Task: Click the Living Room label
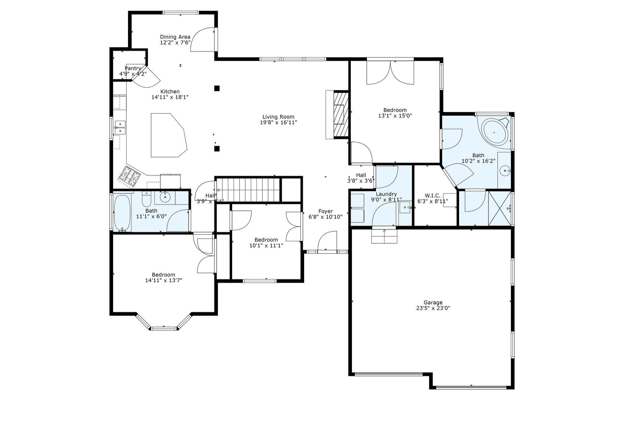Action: click(x=278, y=117)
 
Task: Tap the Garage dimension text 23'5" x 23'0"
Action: click(x=433, y=308)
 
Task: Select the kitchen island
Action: click(x=168, y=136)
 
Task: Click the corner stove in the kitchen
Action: click(x=129, y=176)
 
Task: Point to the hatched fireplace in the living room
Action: click(x=341, y=115)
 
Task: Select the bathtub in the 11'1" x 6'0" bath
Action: click(x=122, y=213)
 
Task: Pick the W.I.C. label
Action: click(x=432, y=196)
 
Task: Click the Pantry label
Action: click(x=133, y=68)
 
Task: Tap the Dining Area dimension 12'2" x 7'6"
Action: click(x=175, y=43)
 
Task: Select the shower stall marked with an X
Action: click(x=499, y=208)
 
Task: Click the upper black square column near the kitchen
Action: click(x=217, y=88)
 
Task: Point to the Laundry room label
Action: click(x=386, y=194)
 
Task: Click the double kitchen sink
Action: click(x=120, y=127)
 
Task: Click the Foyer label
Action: click(x=325, y=211)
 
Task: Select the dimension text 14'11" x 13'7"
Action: click(x=164, y=280)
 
